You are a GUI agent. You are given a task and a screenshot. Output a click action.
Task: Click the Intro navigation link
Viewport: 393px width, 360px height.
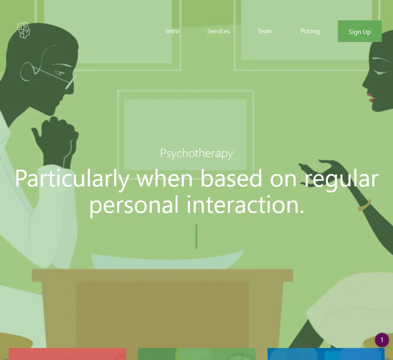(x=172, y=31)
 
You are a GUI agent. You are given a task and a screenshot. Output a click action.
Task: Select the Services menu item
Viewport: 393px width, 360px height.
(x=218, y=31)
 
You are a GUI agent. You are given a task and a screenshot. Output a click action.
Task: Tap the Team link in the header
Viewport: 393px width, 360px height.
(x=265, y=31)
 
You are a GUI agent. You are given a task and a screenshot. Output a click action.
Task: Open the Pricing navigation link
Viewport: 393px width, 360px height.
(x=310, y=31)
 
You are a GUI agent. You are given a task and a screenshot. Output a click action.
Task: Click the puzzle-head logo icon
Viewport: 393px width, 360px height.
(x=23, y=30)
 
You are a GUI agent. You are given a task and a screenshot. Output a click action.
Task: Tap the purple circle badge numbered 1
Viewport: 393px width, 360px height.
(x=382, y=340)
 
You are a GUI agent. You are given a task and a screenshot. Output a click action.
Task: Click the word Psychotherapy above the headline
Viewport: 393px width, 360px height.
(x=197, y=153)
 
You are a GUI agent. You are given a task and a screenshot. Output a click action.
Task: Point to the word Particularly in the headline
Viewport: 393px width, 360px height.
(x=72, y=178)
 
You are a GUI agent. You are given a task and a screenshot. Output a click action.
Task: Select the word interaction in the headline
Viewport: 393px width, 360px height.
(x=245, y=204)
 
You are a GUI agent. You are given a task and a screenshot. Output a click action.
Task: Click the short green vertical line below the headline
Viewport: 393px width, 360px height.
(x=197, y=236)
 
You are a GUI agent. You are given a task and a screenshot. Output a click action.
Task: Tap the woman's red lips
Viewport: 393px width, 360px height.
(x=371, y=97)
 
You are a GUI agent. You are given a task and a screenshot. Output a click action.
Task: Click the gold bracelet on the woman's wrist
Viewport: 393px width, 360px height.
(x=365, y=205)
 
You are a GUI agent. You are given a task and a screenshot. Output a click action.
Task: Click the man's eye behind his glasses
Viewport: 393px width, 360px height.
(x=60, y=73)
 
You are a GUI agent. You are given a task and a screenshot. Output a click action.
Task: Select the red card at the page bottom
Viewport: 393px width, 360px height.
(x=68, y=354)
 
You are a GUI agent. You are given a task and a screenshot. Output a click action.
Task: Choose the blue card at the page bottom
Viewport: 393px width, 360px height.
(x=326, y=354)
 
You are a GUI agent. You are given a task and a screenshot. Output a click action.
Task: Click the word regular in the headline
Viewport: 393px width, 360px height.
(x=341, y=179)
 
